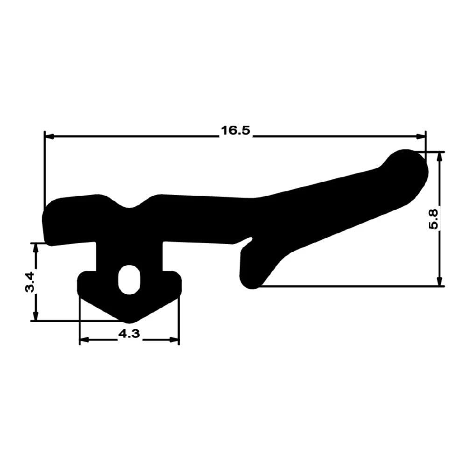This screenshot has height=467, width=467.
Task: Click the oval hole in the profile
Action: tap(128, 279)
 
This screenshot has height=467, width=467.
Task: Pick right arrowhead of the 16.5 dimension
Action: tap(421, 136)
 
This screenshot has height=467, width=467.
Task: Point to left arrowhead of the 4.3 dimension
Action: tap(85, 340)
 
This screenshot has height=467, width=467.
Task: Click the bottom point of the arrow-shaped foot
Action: tap(129, 319)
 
